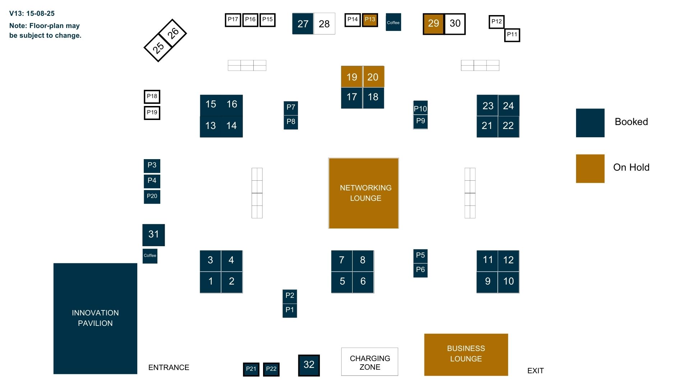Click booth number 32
coord(309,365)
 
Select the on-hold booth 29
coord(433,24)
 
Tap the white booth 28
coord(324,24)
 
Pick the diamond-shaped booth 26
coord(172,33)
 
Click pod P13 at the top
coord(370,20)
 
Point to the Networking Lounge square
coord(363,193)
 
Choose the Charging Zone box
coord(369,362)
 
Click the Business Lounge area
coord(466,355)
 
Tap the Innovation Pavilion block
coord(95,319)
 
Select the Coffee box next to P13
coord(393,22)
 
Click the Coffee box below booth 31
coord(150,256)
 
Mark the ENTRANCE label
coord(169,368)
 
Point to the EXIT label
coord(535,371)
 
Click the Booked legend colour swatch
coord(590,123)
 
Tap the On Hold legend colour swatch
coord(590,168)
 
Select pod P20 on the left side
coord(152,197)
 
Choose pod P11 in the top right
coord(512,35)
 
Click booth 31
coord(153,235)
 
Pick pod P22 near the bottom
coord(271,369)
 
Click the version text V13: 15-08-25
coord(32,14)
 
